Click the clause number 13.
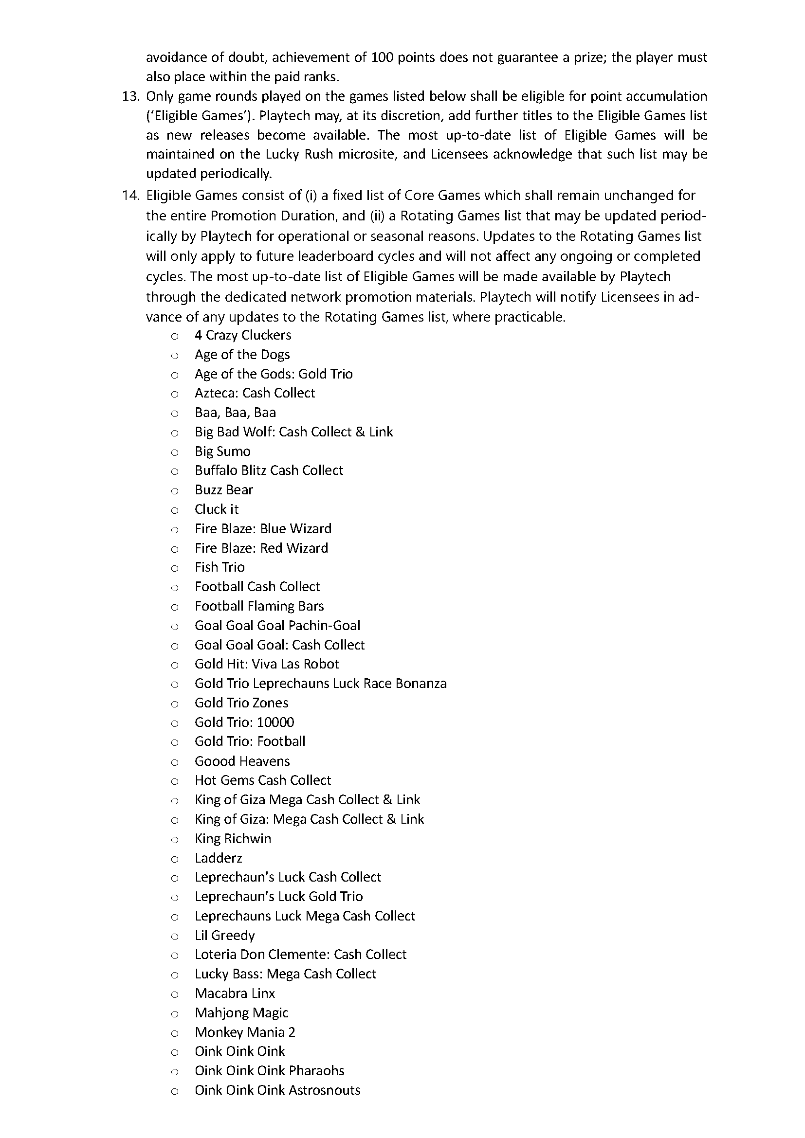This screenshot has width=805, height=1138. tap(131, 96)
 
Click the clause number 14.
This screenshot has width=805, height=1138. tap(131, 195)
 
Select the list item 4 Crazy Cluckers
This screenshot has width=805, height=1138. tap(243, 335)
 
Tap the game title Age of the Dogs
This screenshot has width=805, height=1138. tap(242, 354)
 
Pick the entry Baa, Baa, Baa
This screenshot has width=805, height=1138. tap(236, 413)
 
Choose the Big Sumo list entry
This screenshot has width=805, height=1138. tap(222, 451)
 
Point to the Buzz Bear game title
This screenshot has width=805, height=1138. tap(224, 490)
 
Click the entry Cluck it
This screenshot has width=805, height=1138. tap(217, 509)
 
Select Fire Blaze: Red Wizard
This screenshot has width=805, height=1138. tap(261, 548)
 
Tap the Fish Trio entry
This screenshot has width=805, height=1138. tap(220, 567)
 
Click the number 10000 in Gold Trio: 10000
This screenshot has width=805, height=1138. tap(275, 722)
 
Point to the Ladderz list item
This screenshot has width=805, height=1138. tap(218, 858)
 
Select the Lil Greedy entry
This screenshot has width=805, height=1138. tap(224, 935)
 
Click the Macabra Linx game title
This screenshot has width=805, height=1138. tap(235, 993)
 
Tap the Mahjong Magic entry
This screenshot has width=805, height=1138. tap(241, 1012)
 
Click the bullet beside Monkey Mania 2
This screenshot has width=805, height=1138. tap(175, 1032)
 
